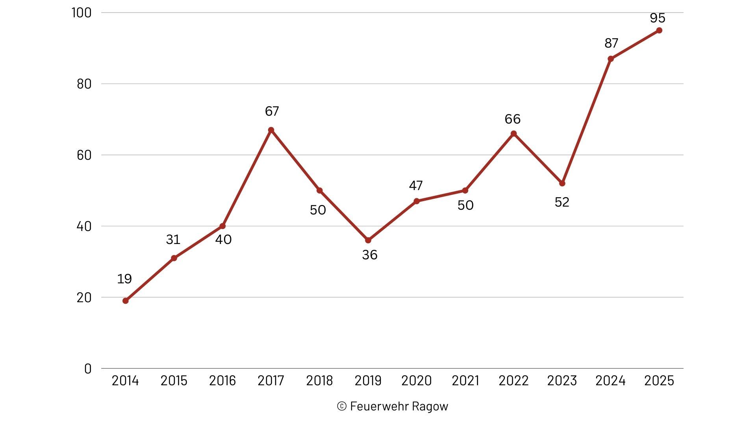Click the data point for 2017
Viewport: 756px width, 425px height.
point(271,130)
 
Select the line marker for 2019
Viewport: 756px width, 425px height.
point(368,240)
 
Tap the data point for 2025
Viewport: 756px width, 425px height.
point(659,30)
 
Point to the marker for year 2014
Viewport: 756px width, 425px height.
point(126,301)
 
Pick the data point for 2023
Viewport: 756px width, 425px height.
point(562,183)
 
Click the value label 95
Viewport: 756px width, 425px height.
point(658,18)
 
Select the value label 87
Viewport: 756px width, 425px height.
point(611,43)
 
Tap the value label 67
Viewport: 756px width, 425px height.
point(272,111)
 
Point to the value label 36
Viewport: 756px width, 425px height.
point(370,255)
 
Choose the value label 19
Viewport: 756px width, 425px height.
point(124,279)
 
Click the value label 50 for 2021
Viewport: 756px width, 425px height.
point(465,205)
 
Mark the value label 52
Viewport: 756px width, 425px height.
point(562,202)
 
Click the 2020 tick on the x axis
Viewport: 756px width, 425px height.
point(417,381)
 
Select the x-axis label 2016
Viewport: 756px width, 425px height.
point(222,381)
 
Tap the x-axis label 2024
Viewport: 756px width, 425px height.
point(611,381)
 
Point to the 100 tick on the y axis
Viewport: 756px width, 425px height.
point(82,13)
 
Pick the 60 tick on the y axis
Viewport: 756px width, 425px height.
point(84,155)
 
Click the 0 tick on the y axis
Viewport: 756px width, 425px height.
point(88,369)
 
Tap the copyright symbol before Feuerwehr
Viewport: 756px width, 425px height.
point(341,406)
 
